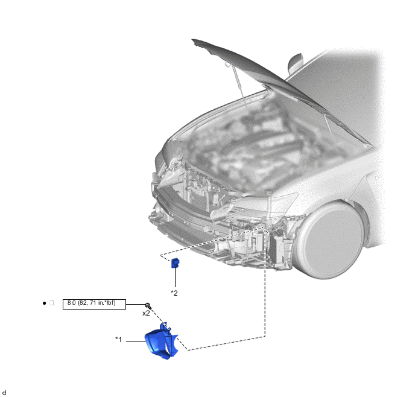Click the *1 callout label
(119, 339)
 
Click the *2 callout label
(174, 293)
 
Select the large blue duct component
(162, 341)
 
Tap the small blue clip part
(175, 263)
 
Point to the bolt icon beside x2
(148, 306)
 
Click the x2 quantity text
(146, 313)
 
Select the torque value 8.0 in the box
(71, 303)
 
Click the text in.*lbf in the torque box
(106, 303)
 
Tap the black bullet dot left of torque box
(44, 303)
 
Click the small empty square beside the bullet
(52, 303)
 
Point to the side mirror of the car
(295, 63)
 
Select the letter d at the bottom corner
(4, 393)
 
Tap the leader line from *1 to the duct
(136, 341)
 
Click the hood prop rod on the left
(238, 83)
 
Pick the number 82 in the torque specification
(83, 303)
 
